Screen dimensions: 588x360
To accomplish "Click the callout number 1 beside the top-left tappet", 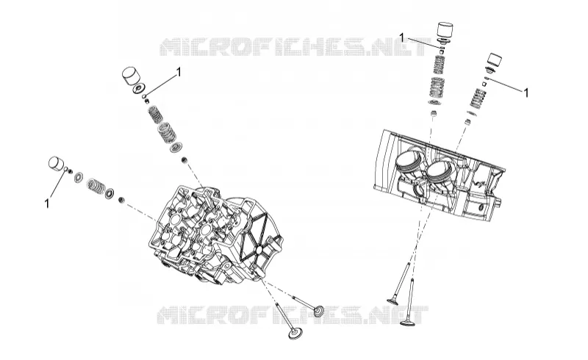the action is [x=179, y=71].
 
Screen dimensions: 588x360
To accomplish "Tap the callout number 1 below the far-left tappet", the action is [x=47, y=204].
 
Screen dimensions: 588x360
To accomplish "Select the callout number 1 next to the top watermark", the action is [x=401, y=37].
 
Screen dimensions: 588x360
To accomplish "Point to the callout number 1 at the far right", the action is [x=526, y=93].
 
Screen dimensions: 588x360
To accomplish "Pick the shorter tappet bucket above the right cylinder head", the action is [x=494, y=60].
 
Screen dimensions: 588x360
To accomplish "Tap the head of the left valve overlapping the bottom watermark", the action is [x=320, y=312].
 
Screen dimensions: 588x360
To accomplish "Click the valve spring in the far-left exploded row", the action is [x=96, y=185].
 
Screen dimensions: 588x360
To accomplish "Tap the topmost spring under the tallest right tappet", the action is [x=441, y=65].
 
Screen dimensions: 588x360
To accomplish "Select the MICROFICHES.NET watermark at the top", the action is [x=295, y=46].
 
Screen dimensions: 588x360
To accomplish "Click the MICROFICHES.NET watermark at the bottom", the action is [x=293, y=314].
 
